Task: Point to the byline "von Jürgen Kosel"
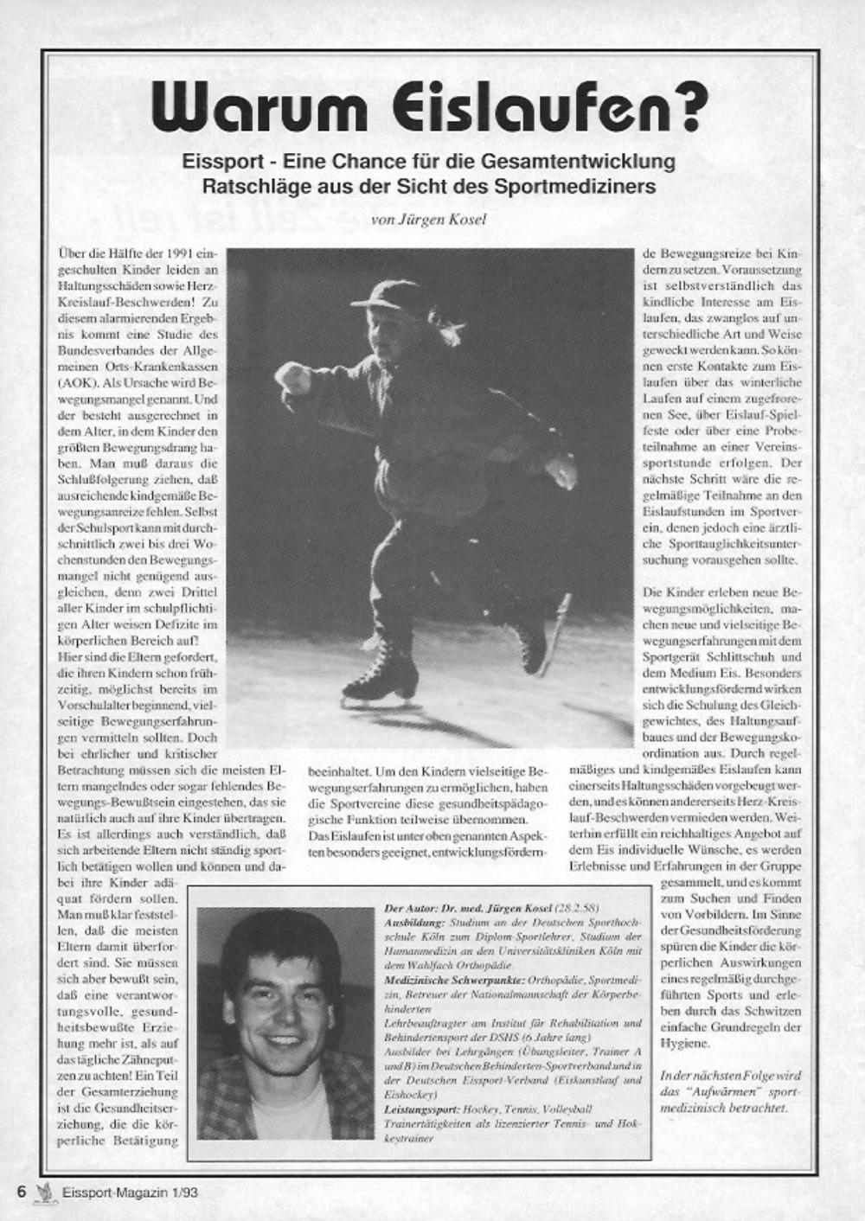point(428,220)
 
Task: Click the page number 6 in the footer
point(22,1191)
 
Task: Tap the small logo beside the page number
point(43,1191)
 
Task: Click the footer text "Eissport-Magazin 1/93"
point(130,1192)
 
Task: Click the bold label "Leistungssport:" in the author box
point(421,1109)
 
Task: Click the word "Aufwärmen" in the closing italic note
point(708,1092)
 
